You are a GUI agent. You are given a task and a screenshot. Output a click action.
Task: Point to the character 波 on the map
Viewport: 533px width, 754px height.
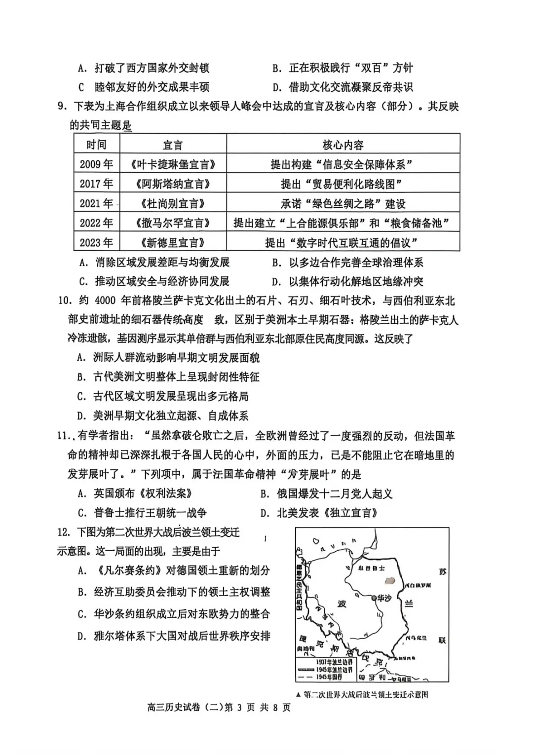[x=342, y=603]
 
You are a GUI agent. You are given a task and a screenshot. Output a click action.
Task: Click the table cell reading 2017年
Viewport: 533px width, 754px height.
[x=97, y=184]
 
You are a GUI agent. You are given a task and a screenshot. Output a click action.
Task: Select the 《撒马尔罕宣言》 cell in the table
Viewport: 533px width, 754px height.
[x=173, y=223]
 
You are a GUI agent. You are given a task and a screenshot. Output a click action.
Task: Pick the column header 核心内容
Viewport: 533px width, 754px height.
[x=343, y=145]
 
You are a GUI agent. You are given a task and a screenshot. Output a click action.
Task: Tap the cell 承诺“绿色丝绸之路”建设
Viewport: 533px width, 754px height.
[x=343, y=203]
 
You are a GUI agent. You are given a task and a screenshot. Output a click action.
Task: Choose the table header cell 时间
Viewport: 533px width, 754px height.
[x=97, y=145]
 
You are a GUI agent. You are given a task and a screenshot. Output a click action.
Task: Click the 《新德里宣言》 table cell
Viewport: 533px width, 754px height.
[x=173, y=242]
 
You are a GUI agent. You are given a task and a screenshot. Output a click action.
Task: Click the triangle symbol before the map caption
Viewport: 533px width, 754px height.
[x=298, y=695]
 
